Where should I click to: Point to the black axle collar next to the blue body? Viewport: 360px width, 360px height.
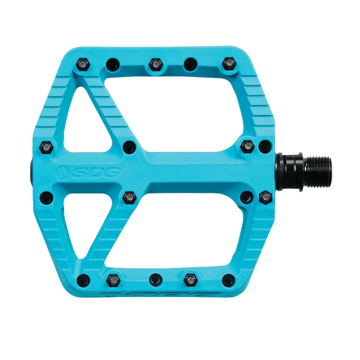(283, 171)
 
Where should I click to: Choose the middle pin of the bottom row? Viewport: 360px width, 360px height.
(155, 279)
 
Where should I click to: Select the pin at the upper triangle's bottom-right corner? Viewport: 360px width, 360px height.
(128, 146)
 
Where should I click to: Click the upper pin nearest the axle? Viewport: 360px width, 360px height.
(265, 146)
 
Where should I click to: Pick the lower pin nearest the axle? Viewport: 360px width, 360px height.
(265, 197)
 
